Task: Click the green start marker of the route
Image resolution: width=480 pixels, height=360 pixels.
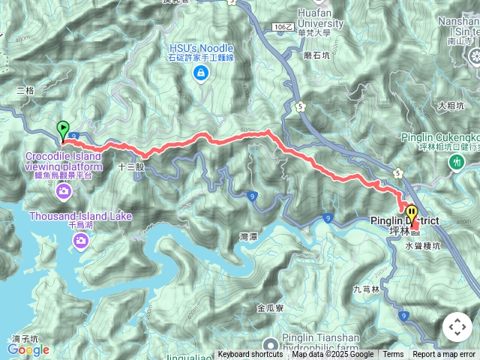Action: click(x=63, y=129)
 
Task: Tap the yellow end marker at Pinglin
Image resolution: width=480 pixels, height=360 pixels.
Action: click(x=412, y=209)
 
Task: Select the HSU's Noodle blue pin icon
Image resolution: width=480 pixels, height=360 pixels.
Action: click(x=200, y=73)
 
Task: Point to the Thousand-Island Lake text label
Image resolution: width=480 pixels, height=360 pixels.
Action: click(x=80, y=217)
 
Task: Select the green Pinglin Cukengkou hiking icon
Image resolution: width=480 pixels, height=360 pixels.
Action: click(x=455, y=161)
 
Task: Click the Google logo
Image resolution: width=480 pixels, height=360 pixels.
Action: click(x=28, y=349)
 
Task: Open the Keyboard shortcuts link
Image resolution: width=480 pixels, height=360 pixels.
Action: click(x=250, y=355)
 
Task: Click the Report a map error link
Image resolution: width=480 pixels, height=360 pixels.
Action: click(x=445, y=355)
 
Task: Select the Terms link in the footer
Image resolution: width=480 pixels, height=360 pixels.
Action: click(x=393, y=355)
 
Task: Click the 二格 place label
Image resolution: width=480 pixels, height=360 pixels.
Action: click(x=25, y=90)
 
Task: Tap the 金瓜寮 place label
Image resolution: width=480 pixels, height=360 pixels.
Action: click(x=269, y=307)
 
